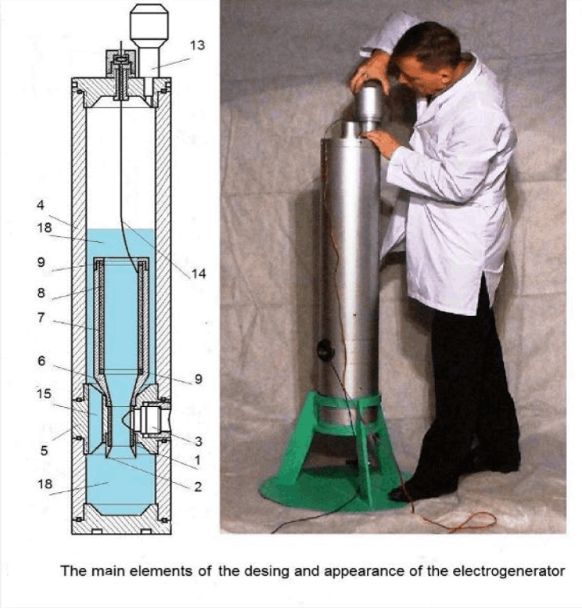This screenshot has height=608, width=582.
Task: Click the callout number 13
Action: coord(197,45)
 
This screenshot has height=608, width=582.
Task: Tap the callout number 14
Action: coord(198,274)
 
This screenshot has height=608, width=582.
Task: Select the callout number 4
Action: coord(41,205)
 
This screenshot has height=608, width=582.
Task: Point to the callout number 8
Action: coord(41,293)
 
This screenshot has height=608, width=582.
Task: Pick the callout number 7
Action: coord(41,318)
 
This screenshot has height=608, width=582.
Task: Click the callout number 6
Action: coord(41,361)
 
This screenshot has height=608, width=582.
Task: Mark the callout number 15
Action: coord(44,394)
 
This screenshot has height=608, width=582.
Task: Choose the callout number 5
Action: coord(44,451)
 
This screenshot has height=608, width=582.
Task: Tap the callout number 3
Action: coord(198,441)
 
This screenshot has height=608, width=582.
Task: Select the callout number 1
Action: coord(197,460)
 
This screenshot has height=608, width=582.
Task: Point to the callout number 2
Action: coord(198,487)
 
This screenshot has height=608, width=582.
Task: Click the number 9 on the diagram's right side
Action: coord(198,379)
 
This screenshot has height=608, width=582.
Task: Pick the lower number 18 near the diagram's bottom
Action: coord(45,484)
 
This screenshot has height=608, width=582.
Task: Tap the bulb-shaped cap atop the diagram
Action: coord(149,23)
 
